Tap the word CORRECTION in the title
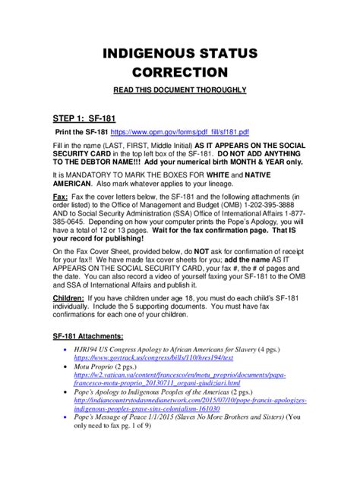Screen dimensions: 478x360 (x=180, y=73)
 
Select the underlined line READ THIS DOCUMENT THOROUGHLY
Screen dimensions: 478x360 (x=179, y=90)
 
